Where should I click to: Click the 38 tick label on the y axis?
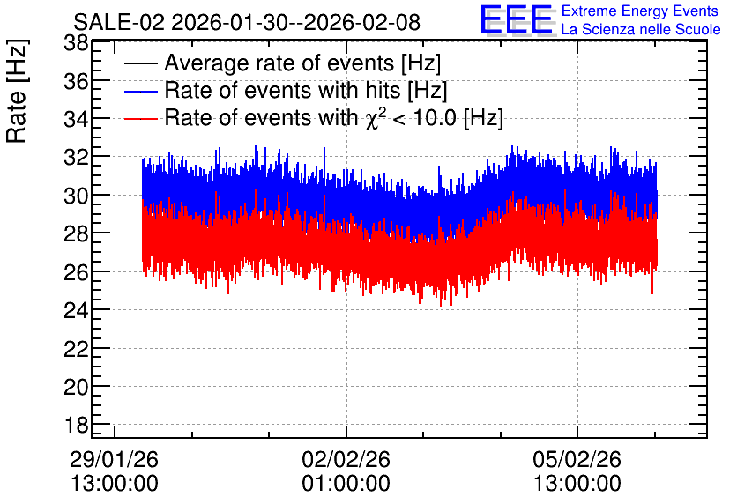(76, 44)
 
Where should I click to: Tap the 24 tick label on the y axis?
(76, 310)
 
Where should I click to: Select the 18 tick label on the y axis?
(76, 425)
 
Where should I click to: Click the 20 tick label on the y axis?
(76, 387)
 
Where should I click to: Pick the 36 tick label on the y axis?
(76, 82)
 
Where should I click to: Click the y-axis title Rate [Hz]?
(18, 91)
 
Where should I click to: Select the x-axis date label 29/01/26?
(115, 459)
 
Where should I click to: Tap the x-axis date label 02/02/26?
(346, 459)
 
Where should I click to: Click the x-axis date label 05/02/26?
(577, 459)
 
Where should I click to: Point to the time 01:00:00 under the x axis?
(346, 484)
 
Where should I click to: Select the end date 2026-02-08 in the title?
(362, 22)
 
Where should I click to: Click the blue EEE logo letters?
(517, 19)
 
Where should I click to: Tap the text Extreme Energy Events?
(640, 11)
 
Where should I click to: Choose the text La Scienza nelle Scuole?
(641, 29)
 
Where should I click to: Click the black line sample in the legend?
(140, 63)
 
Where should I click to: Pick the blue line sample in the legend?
(140, 91)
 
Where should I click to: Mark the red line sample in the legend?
(140, 118)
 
